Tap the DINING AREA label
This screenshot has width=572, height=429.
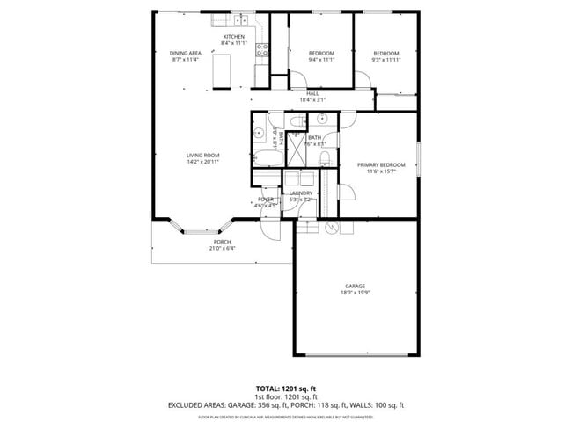tap(185, 53)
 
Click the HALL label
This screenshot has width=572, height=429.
tap(312, 93)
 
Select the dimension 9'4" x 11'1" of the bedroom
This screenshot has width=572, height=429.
tap(321, 60)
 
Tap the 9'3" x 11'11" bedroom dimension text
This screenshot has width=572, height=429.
tap(385, 60)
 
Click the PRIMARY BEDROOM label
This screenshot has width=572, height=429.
tap(381, 164)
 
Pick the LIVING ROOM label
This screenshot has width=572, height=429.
tap(202, 156)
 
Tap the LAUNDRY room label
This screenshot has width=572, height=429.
tap(301, 193)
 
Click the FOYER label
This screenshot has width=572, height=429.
tap(266, 200)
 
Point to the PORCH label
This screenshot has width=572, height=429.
tap(222, 242)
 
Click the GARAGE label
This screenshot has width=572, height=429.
tap(355, 286)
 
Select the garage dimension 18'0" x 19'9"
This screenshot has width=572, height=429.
tap(355, 293)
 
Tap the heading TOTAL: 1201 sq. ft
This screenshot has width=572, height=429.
tap(286, 388)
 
